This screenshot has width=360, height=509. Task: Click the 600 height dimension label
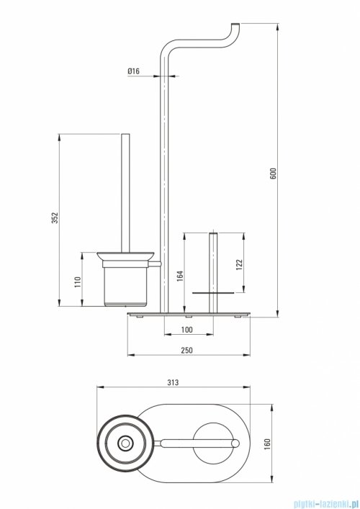pos(273,174)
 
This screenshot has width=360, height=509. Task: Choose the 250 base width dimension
pos(186,350)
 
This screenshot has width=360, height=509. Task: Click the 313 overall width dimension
pos(172,384)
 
